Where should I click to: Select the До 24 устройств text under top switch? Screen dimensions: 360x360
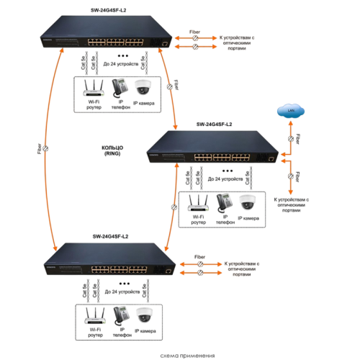(122, 65)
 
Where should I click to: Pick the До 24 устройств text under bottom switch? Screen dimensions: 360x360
(122, 292)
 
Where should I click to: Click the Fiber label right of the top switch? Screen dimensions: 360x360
(195, 32)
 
